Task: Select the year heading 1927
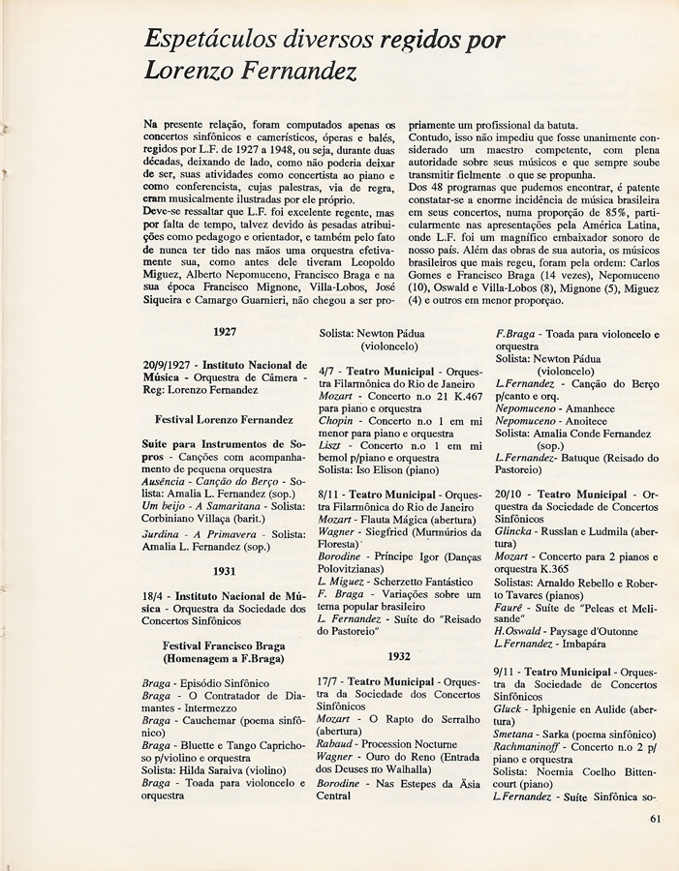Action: [225, 331]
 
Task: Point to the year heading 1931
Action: [225, 571]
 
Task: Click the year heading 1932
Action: [399, 655]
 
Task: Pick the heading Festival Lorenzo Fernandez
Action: [224, 420]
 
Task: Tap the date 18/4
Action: [155, 595]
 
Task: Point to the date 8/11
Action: [332, 494]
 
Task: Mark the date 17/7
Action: [332, 680]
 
